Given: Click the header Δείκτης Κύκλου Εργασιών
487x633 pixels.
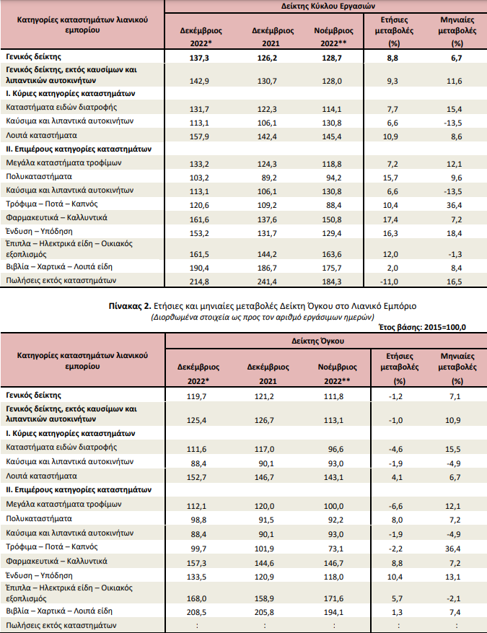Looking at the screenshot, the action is click(x=328, y=6).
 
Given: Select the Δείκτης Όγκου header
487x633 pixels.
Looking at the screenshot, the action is click(x=318, y=341).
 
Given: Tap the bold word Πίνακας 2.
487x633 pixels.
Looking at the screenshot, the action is click(x=130, y=306).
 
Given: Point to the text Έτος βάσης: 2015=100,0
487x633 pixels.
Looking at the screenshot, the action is click(x=423, y=327).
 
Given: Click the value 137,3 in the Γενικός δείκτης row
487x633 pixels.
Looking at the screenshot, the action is click(x=199, y=58).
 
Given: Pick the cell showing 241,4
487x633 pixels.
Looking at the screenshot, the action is click(x=267, y=281).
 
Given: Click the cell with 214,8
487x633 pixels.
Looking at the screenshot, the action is click(x=199, y=281).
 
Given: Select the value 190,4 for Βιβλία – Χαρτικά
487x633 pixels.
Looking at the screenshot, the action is click(x=199, y=268).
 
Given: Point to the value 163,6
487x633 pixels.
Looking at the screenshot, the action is click(x=332, y=254).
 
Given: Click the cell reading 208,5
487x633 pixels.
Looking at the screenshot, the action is click(x=196, y=612).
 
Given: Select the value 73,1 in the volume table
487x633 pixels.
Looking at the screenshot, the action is click(x=335, y=549).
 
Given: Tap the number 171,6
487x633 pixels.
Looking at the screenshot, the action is click(x=333, y=598).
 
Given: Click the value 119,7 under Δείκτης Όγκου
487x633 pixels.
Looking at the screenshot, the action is click(x=196, y=396).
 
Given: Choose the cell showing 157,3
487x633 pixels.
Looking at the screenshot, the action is click(x=196, y=563).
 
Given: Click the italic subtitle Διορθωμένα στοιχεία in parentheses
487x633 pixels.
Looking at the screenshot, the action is click(x=263, y=317).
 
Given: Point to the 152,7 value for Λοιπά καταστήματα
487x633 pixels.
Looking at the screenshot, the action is click(x=196, y=477).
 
